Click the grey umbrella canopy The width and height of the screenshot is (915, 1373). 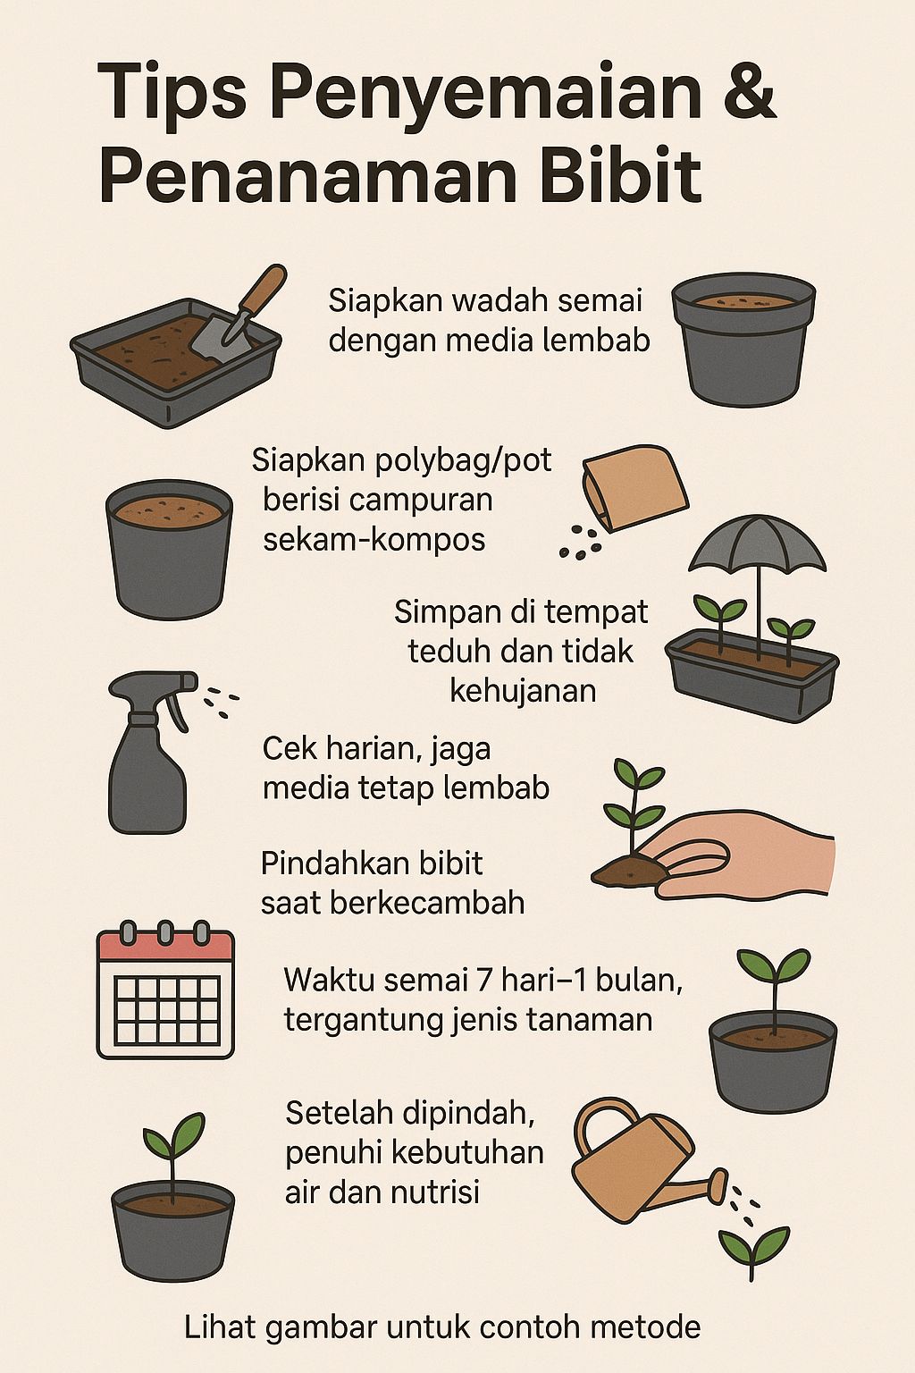tap(758, 543)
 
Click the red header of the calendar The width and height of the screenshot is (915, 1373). tap(165, 947)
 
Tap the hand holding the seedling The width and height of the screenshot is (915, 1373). tap(742, 855)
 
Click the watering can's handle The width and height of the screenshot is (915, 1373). tap(607, 1120)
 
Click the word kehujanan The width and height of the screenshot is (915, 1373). tap(523, 691)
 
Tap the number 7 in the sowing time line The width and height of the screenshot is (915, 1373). tap(484, 980)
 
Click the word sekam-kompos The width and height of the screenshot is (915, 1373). tap(374, 539)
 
